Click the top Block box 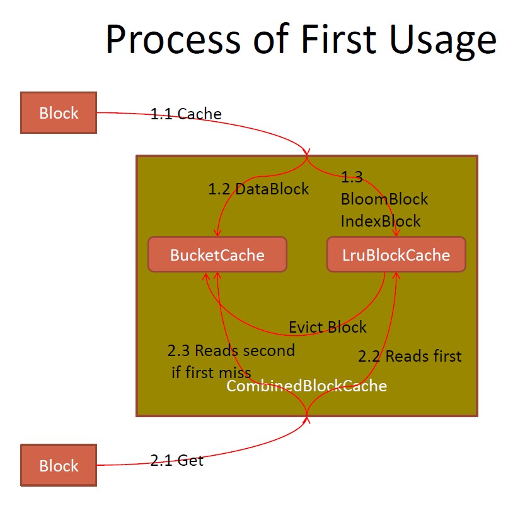pyautogui.click(x=59, y=112)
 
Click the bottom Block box pyautogui.click(x=59, y=465)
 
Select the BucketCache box pyautogui.click(x=217, y=254)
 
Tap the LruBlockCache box pyautogui.click(x=396, y=254)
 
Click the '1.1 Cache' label pyautogui.click(x=186, y=114)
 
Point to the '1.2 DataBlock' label pyautogui.click(x=258, y=189)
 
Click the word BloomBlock pyautogui.click(x=384, y=199)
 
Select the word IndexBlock pyautogui.click(x=381, y=221)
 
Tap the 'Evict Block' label pyautogui.click(x=328, y=327)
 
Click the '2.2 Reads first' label pyautogui.click(x=410, y=356)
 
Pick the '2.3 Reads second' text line pyautogui.click(x=231, y=350)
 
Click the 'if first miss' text pyautogui.click(x=211, y=372)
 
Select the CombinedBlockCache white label pyautogui.click(x=307, y=386)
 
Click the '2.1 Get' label pyautogui.click(x=176, y=460)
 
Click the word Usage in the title pyautogui.click(x=442, y=41)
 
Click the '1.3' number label pyautogui.click(x=352, y=177)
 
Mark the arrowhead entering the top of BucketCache pyautogui.click(x=217, y=233)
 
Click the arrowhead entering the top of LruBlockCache pyautogui.click(x=396, y=233)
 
